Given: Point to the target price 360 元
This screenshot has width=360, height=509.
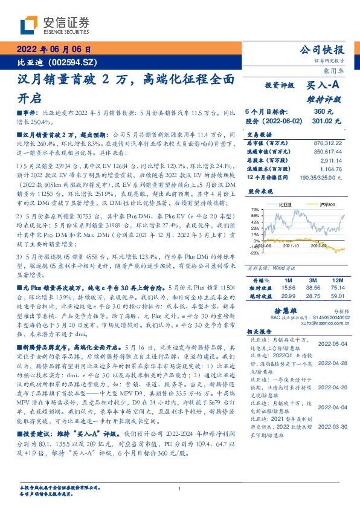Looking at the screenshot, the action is [x=323, y=112].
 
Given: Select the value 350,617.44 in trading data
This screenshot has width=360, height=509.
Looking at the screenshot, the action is [x=324, y=153].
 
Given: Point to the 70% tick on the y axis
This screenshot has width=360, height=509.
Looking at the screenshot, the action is [x=255, y=209].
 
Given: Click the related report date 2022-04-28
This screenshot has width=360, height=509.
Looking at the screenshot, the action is [x=332, y=363].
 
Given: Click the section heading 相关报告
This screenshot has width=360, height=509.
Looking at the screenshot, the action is [x=262, y=332].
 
